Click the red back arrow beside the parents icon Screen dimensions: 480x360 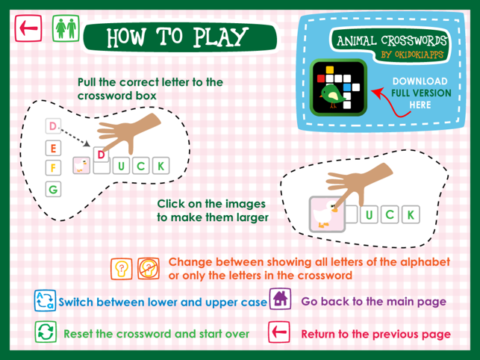pos(28,28)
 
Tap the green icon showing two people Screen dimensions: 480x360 pos(66,28)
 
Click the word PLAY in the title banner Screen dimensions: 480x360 pos(220,37)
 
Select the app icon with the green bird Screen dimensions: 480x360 pos(338,87)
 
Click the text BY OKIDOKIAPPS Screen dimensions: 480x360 pos(412,55)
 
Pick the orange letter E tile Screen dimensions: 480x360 pos(53,149)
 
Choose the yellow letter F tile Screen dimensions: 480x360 pos(53,167)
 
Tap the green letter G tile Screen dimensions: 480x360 pos(53,189)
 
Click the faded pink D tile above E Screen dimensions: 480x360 pos(53,126)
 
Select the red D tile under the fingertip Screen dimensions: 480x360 pos(101,155)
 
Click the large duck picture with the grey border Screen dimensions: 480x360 pos(327,214)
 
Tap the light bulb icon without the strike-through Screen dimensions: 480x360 pos(122,269)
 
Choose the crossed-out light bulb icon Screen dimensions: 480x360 pos(149,269)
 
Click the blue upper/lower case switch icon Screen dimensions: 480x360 pos(45,300)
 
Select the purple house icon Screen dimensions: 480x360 pos(280,299)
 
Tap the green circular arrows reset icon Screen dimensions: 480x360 pos(46,332)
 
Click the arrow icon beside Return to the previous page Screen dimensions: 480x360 pos(279,332)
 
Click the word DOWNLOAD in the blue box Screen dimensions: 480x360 pos(420,81)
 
